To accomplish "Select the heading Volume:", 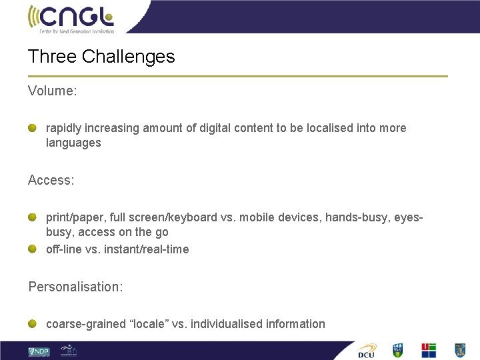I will pyautogui.click(x=53, y=91).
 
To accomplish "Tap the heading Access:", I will pyautogui.click(x=51, y=180).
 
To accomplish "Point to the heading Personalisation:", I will pyautogui.click(x=75, y=287).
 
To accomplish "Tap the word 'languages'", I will pyautogui.click(x=73, y=143).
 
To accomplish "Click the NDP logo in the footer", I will pyautogui.click(x=39, y=351).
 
